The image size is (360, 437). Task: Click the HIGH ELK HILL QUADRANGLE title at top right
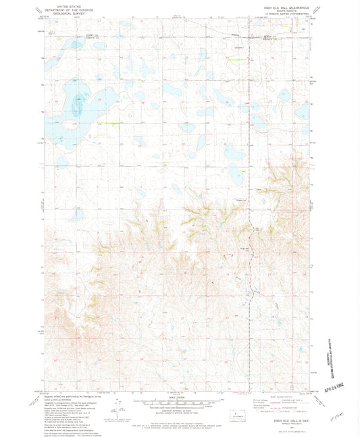click(x=280, y=5)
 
